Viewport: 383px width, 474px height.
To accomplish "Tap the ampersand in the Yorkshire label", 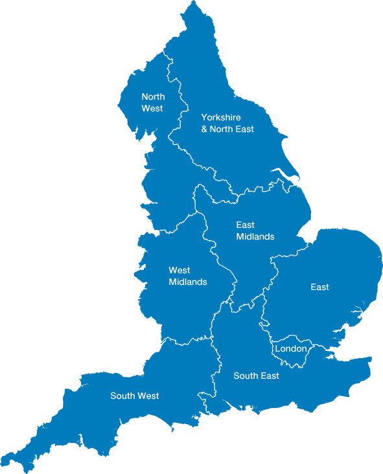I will pos(204,130).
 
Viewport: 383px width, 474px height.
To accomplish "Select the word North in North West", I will pos(153,97).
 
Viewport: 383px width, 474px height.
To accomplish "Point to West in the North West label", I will pos(152,108).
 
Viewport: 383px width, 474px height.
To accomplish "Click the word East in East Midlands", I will pos(245,225).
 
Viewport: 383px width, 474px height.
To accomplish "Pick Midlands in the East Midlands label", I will pos(255,237).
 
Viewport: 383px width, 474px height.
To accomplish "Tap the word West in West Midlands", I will pos(179,270).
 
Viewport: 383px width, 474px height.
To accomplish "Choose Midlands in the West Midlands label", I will pos(188,282).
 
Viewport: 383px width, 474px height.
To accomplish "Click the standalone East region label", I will pos(319,287).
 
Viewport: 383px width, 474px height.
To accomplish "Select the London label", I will pos(290,348).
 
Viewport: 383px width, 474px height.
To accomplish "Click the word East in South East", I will pos(270,376).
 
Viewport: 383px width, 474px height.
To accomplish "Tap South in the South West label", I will pos(122,396).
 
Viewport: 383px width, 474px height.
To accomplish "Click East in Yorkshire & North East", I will pos(245,130).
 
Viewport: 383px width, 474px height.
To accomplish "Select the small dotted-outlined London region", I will pos(290,359).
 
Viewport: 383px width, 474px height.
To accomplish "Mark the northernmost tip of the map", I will pos(192,3).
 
